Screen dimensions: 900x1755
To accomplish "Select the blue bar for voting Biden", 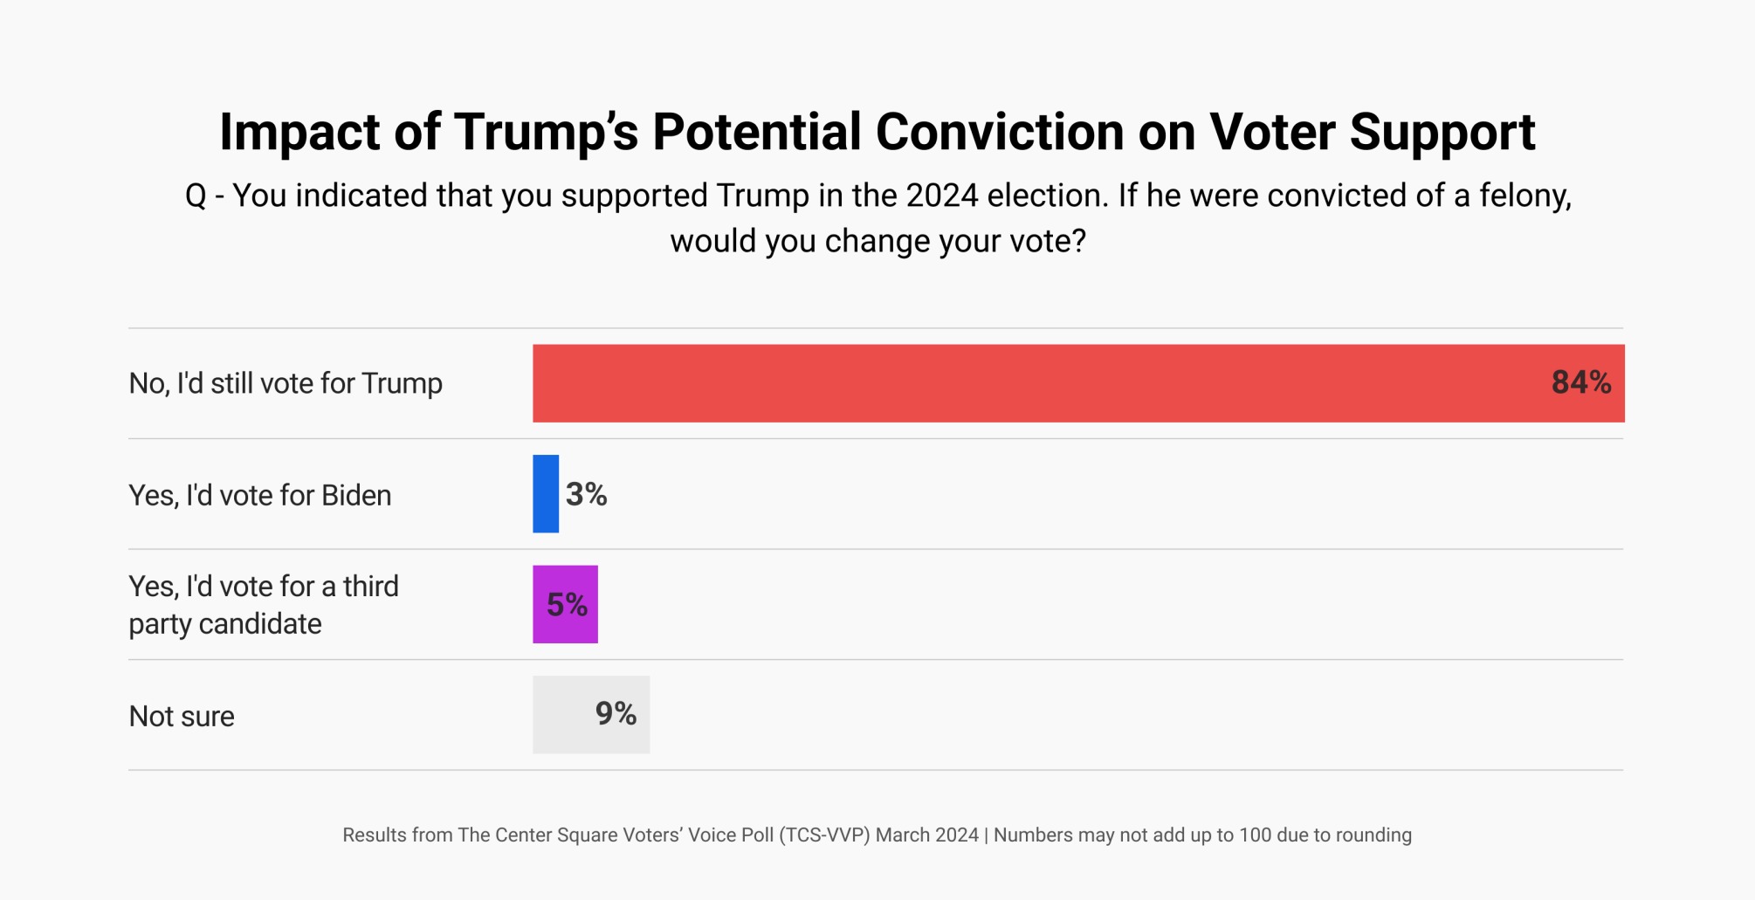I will pyautogui.click(x=546, y=494).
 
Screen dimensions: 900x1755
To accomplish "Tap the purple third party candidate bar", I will pyautogui.click(x=565, y=604).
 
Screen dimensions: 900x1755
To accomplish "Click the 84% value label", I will pyautogui.click(x=1580, y=382).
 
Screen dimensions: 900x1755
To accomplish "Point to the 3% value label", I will pyautogui.click(x=586, y=495).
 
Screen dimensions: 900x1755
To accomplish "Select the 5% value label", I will pyautogui.click(x=567, y=604).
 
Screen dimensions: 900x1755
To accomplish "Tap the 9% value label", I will pyautogui.click(x=616, y=714).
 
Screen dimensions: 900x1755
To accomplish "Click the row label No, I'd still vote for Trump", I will pyautogui.click(x=286, y=383).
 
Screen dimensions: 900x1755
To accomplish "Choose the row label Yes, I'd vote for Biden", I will pyautogui.click(x=260, y=495).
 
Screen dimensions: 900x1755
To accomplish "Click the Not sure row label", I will pyautogui.click(x=182, y=716).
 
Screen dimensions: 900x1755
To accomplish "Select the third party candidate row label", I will pyautogui.click(x=263, y=604).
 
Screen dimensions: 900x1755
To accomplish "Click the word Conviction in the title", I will pyautogui.click(x=999, y=132).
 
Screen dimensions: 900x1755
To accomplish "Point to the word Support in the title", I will pyautogui.click(x=1442, y=132).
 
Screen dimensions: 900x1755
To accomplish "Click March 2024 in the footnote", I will pyautogui.click(x=926, y=835).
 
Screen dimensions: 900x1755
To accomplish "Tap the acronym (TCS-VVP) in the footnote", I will pyautogui.click(x=824, y=835).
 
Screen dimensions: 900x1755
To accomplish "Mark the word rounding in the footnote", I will pyautogui.click(x=1373, y=835).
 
